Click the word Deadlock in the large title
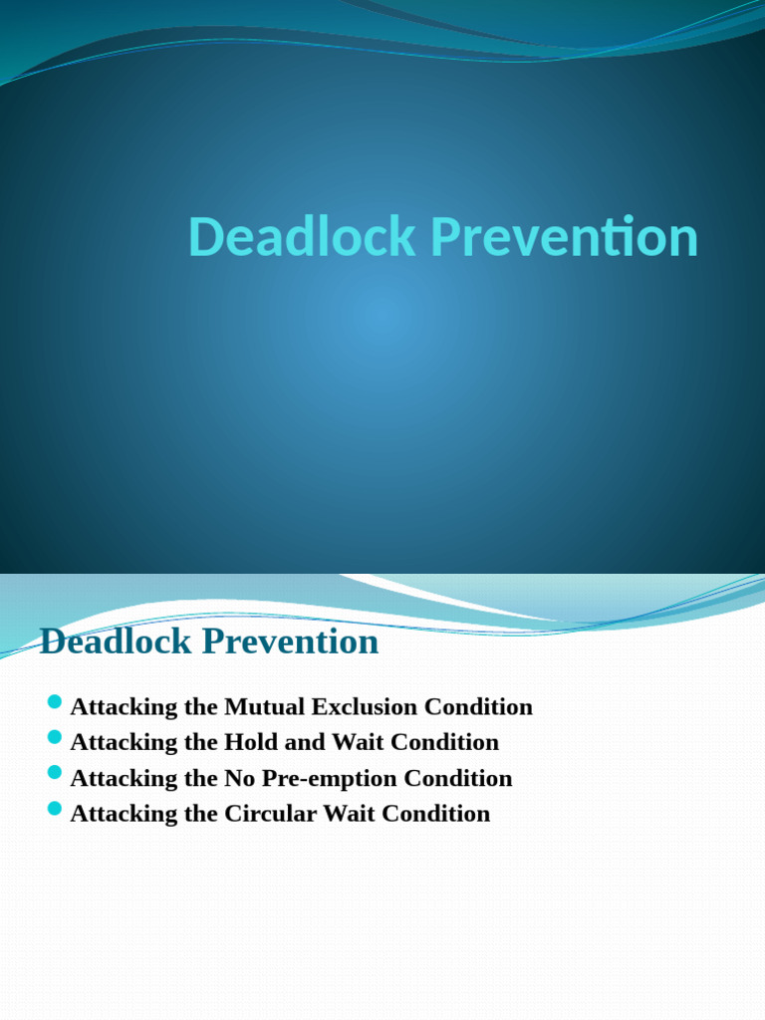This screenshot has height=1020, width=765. tap(302, 237)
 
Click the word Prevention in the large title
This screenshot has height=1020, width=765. tap(562, 237)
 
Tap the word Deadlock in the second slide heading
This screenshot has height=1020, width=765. tap(117, 641)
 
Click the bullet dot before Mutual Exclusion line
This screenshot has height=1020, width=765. tap(55, 704)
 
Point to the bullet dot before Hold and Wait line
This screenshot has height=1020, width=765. tap(55, 739)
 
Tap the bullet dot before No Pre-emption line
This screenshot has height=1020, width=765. tap(55, 774)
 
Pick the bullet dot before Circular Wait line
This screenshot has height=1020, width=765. tap(55, 809)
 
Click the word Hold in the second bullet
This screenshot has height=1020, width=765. tap(251, 742)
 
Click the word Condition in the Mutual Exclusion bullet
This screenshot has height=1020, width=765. tap(479, 707)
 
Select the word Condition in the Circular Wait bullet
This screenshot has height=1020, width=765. tap(436, 813)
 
